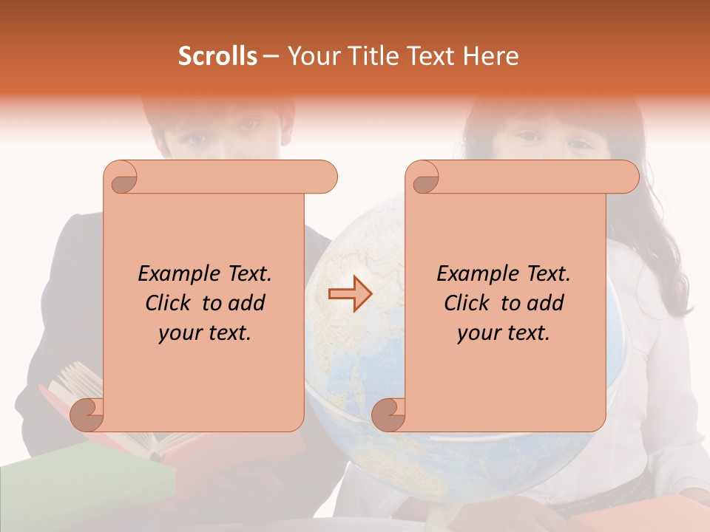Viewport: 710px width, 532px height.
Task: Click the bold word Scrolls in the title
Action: (x=218, y=56)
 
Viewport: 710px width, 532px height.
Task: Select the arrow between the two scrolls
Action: (x=351, y=293)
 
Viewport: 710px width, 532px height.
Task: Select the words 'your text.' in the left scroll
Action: (x=205, y=332)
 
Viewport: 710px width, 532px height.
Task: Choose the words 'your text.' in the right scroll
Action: (x=504, y=332)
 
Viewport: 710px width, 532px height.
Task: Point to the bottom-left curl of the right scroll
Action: (x=389, y=414)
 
